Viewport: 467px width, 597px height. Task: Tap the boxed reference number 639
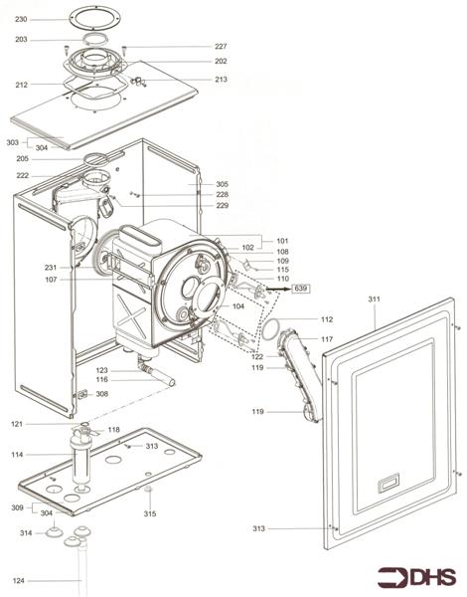(x=302, y=289)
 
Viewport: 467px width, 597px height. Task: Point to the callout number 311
(x=374, y=298)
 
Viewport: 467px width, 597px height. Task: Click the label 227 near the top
(x=221, y=47)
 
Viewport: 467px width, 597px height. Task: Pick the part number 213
(x=221, y=79)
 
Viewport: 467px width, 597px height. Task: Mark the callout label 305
(x=222, y=184)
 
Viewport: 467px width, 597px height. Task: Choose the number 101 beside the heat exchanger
(x=282, y=241)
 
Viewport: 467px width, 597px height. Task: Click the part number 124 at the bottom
(x=18, y=580)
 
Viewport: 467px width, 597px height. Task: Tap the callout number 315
(x=150, y=513)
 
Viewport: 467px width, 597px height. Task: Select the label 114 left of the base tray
(x=18, y=455)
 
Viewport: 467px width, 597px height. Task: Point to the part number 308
(x=102, y=394)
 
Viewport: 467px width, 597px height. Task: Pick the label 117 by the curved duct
(x=326, y=339)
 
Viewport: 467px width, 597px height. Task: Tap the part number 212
(x=22, y=85)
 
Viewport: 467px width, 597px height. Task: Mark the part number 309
(x=17, y=507)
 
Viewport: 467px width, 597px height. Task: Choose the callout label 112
(x=326, y=319)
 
